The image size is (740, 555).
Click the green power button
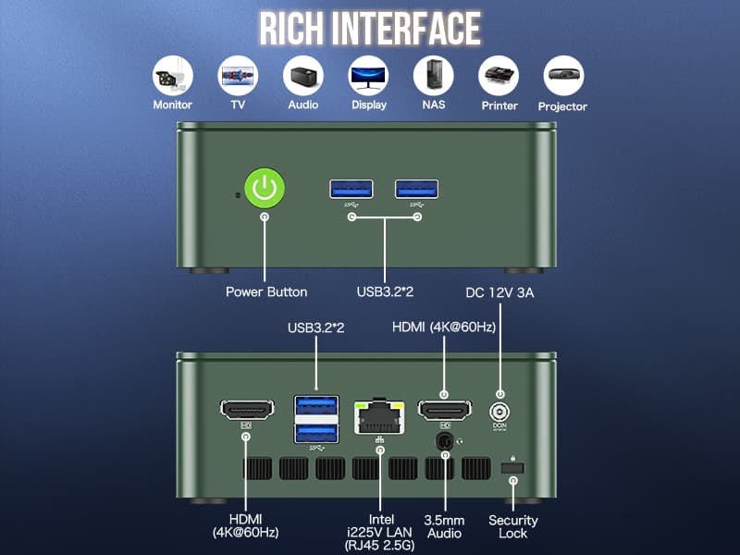pyautogui.click(x=265, y=188)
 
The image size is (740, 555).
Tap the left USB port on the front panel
pyautogui.click(x=351, y=189)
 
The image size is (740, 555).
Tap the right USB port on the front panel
pyautogui.click(x=417, y=189)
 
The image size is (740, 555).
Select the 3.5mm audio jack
pyautogui.click(x=445, y=443)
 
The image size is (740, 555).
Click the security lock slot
pyautogui.click(x=512, y=469)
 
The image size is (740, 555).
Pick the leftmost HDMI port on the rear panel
pyautogui.click(x=247, y=409)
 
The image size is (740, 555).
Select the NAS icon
pyautogui.click(x=433, y=76)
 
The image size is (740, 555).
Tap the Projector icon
pyautogui.click(x=562, y=76)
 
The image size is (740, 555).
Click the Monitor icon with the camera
pyautogui.click(x=173, y=76)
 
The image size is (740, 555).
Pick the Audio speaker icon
pyautogui.click(x=302, y=76)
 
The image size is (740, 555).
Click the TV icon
pyautogui.click(x=238, y=76)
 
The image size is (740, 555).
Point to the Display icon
pyautogui.click(x=368, y=76)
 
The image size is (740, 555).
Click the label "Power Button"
pyautogui.click(x=266, y=292)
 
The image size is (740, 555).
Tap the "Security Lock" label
pyautogui.click(x=512, y=526)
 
